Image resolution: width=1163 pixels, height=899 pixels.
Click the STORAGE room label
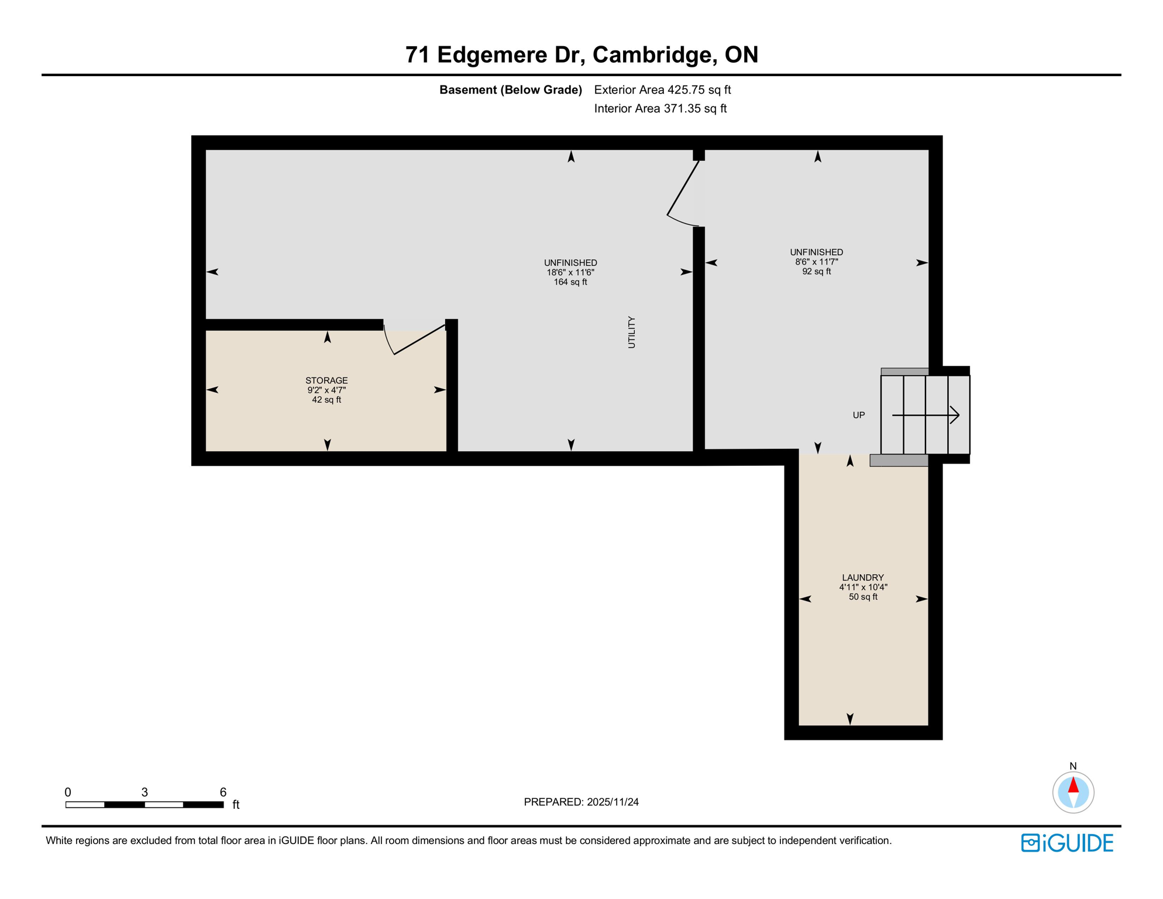[x=326, y=380]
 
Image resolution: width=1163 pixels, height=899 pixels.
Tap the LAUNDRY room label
[x=863, y=578]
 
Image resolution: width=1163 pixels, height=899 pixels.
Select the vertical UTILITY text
[x=632, y=332]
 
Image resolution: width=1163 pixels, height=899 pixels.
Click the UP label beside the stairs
[x=858, y=415]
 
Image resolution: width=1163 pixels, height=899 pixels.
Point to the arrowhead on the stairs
[x=954, y=415]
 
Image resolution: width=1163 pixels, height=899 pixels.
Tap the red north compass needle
[x=1073, y=785]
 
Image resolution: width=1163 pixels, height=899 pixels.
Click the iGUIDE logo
[x=1067, y=843]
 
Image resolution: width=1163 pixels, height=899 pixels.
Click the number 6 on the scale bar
[x=223, y=792]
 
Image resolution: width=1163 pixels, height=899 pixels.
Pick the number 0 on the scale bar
[x=68, y=792]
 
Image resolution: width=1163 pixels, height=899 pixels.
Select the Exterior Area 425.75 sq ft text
[x=662, y=90]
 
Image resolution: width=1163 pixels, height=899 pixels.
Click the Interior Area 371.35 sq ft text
[x=660, y=108]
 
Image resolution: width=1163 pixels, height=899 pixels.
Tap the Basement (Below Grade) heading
[x=511, y=90]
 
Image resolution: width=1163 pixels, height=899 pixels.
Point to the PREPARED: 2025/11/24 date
[x=581, y=802]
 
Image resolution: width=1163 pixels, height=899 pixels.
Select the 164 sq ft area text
[x=570, y=282]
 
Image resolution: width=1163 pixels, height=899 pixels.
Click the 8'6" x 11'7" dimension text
[x=816, y=262]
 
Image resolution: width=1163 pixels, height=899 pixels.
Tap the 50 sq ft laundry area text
[x=863, y=597]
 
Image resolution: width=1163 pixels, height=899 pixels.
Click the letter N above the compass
[x=1073, y=766]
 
